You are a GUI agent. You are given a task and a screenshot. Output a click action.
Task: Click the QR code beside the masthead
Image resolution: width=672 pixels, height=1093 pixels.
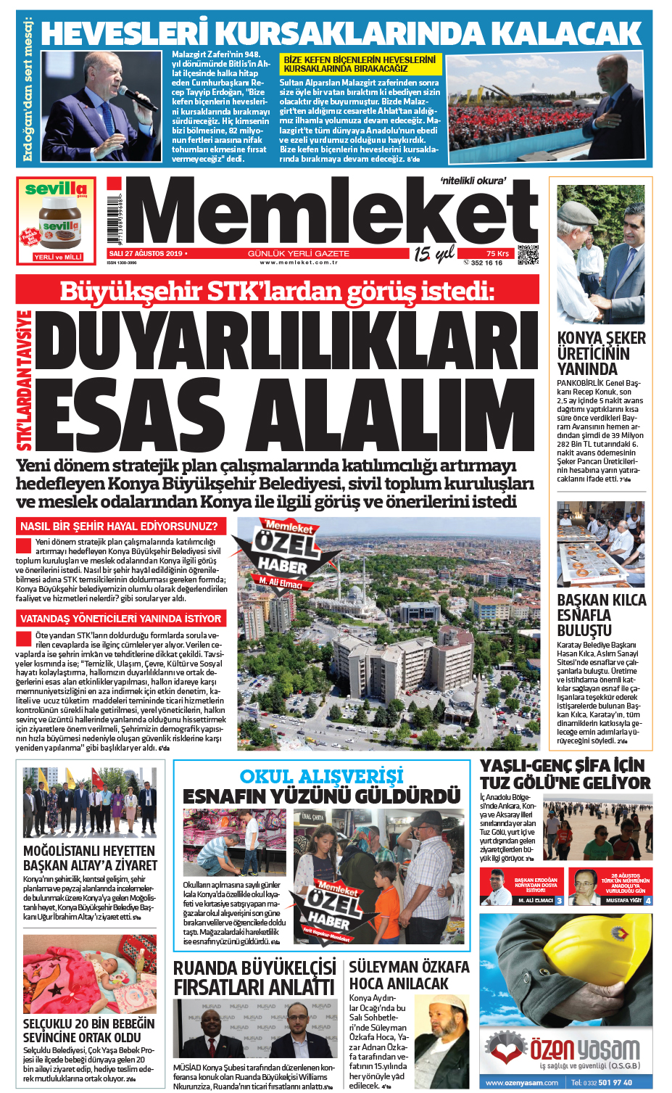(528, 256)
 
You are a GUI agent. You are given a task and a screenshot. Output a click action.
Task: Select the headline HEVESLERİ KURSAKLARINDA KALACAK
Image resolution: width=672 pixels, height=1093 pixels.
(341, 33)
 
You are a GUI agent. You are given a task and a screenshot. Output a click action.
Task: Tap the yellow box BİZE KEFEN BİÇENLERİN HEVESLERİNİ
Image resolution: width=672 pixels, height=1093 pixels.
(360, 64)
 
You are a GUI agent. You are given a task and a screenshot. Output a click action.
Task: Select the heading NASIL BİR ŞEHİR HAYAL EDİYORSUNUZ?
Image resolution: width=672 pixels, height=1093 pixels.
(120, 526)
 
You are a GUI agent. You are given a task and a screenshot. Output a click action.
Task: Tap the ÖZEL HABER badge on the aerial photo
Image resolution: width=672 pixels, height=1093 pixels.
(284, 555)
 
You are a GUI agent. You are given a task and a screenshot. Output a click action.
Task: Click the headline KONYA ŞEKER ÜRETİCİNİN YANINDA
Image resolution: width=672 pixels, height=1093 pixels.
(601, 353)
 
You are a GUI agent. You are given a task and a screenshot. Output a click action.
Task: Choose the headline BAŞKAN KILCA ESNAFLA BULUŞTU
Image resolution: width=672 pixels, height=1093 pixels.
(601, 615)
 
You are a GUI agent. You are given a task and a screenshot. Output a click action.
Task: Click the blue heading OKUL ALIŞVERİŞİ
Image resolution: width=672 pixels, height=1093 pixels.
(321, 776)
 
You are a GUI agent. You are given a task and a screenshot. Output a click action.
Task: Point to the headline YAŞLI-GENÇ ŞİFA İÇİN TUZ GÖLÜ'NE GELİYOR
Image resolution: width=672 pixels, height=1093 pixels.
(565, 774)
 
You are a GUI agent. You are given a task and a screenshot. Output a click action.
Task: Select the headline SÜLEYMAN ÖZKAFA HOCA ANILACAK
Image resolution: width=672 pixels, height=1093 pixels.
(409, 975)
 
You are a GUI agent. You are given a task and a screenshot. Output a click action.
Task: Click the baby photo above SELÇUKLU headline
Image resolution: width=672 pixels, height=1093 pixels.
(89, 974)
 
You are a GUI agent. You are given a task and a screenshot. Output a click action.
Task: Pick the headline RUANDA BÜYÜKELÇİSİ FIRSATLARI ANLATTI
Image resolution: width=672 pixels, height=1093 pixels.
(254, 977)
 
